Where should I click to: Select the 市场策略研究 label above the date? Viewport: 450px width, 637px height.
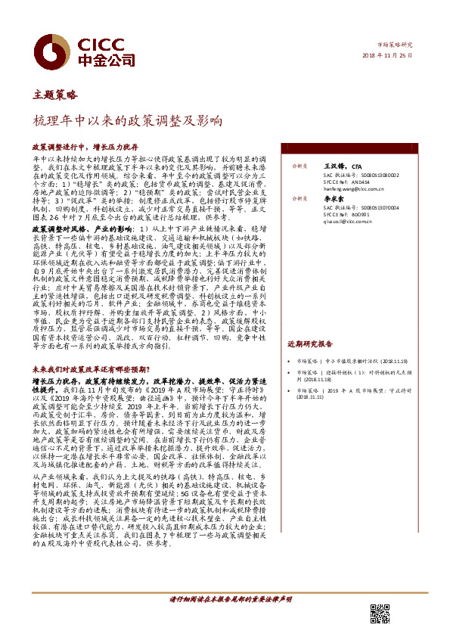[397, 45]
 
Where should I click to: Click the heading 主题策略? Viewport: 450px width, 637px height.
[55, 95]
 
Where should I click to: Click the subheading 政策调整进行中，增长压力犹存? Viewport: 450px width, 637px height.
[95, 147]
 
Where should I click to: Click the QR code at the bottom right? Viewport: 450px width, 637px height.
[379, 614]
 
